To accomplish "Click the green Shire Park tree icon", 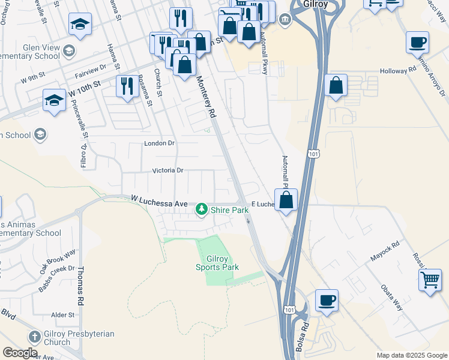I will point(202,210).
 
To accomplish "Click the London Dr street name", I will point(159,143).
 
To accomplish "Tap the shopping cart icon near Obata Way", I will point(430,280).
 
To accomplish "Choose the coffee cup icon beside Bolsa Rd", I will point(327,300).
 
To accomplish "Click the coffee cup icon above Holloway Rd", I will point(417,43).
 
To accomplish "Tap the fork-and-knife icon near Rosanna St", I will point(127,86).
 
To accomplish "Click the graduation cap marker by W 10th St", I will point(55,100).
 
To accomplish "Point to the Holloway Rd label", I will point(398,70).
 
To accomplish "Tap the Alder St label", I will point(63,314).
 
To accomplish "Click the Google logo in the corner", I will point(20,353).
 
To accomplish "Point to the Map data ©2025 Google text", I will point(412,355).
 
